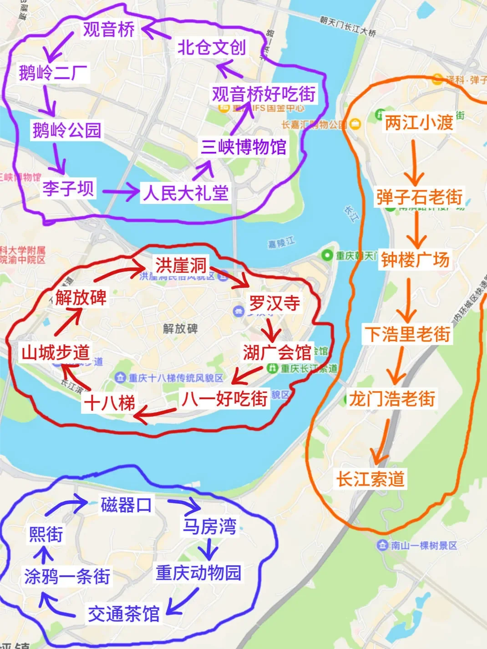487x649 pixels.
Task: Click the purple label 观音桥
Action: (x=108, y=29)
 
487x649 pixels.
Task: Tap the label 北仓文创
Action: (x=211, y=47)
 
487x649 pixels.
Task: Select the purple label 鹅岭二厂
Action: (x=53, y=73)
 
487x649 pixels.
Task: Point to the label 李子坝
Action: (x=68, y=188)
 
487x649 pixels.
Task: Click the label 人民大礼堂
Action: (x=185, y=193)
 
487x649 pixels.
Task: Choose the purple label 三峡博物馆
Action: (x=243, y=147)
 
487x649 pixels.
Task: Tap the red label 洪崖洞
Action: (x=181, y=265)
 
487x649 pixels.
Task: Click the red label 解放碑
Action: (x=81, y=297)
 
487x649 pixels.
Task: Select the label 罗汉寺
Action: (x=274, y=303)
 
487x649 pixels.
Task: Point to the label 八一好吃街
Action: (x=224, y=399)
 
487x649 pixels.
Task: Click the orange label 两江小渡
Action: (x=419, y=123)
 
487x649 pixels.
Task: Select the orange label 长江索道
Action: (x=370, y=479)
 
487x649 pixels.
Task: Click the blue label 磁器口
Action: (x=126, y=505)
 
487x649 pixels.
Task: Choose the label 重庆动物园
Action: (x=198, y=573)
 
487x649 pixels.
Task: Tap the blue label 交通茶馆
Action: (x=123, y=614)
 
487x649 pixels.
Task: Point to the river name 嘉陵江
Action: (x=281, y=242)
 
